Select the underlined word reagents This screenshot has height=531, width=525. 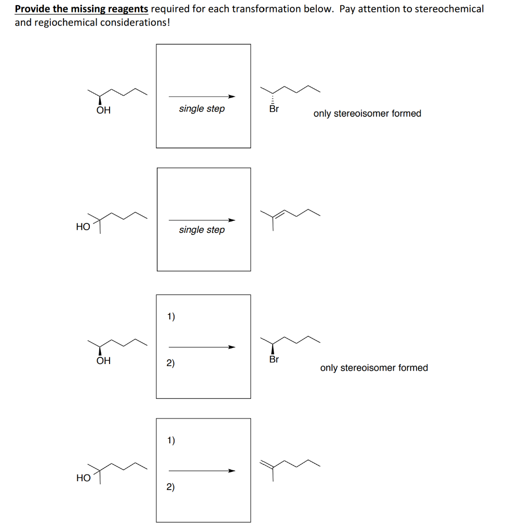tap(127, 9)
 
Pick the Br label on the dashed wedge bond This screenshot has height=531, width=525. tap(274, 109)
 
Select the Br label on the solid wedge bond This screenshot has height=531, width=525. tap(274, 359)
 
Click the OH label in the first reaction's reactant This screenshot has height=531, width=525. tap(103, 110)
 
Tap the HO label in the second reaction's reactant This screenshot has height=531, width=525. tap(83, 227)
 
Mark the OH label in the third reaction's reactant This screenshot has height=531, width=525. tap(103, 360)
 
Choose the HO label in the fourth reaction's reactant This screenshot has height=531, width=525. tap(83, 478)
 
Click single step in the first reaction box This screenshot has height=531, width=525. tap(202, 109)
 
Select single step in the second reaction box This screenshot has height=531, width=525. tap(202, 230)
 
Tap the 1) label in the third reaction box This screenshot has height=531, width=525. tap(171, 316)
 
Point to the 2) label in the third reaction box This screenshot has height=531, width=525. tap(171, 363)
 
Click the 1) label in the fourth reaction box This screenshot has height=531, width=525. tap(171, 440)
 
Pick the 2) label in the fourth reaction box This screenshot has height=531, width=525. tap(171, 487)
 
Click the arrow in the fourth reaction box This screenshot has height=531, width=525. tap(202, 471)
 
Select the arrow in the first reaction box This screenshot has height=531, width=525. tap(202, 96)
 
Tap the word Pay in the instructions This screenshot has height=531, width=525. tap(347, 9)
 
